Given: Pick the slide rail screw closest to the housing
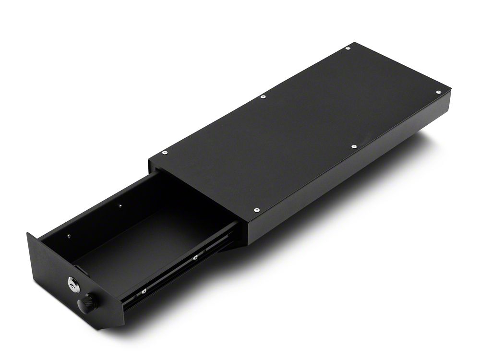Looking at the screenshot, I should (196, 258).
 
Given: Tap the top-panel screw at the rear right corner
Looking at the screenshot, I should (438, 91).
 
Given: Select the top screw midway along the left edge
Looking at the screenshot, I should (263, 97).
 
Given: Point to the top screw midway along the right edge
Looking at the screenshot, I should (354, 146).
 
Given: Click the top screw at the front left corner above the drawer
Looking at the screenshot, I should (165, 152).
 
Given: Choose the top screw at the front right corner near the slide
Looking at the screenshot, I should (256, 210).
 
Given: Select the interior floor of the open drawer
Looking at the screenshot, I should (144, 240).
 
